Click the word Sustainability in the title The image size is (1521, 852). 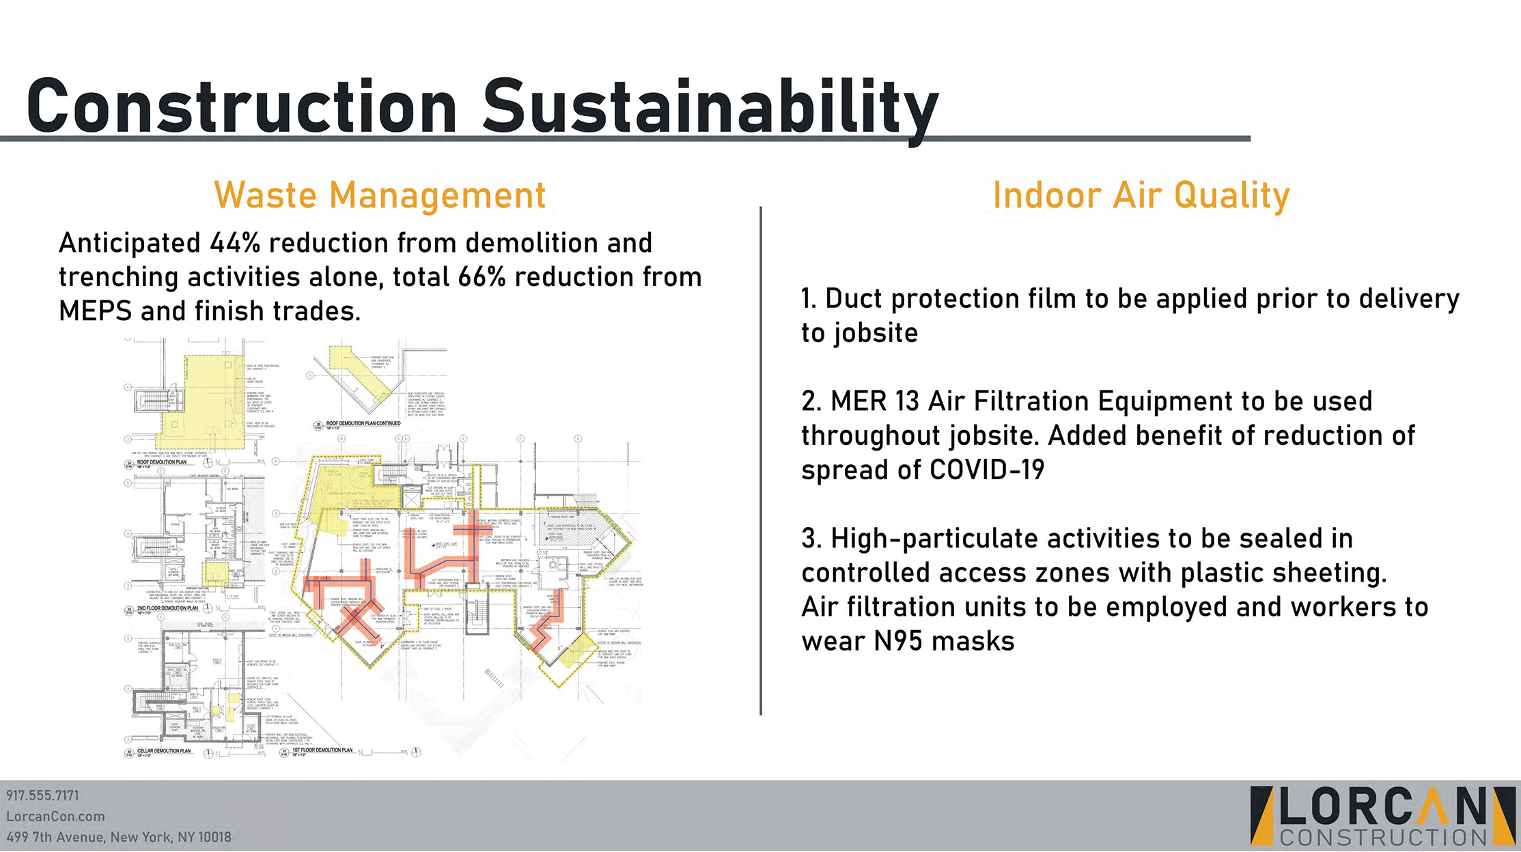(710, 108)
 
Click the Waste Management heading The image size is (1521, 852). (380, 195)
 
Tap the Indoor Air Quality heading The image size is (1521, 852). (1141, 195)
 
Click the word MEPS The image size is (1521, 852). (95, 311)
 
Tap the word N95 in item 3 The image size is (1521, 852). (899, 641)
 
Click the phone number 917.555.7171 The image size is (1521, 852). (42, 795)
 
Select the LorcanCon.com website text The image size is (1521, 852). (55, 816)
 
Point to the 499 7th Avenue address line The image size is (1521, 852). (118, 837)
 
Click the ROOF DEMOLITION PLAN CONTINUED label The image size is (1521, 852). (363, 423)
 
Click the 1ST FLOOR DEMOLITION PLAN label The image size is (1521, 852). (322, 750)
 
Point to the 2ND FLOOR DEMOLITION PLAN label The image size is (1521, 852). (167, 608)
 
